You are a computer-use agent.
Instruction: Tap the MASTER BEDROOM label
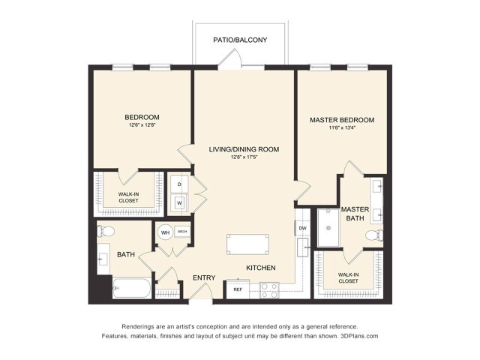pyautogui.click(x=341, y=120)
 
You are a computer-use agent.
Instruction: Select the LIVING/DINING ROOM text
pyautogui.click(x=244, y=149)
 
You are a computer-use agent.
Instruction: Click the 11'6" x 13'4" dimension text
pyautogui.click(x=341, y=129)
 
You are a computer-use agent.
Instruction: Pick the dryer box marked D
pyautogui.click(x=180, y=184)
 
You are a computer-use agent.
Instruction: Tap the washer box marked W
pyautogui.click(x=180, y=202)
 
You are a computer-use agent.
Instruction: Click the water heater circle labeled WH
pyautogui.click(x=165, y=232)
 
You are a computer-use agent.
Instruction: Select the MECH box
pyautogui.click(x=182, y=232)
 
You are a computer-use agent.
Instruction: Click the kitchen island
pyautogui.click(x=247, y=245)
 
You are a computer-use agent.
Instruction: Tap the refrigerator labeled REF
pyautogui.click(x=238, y=289)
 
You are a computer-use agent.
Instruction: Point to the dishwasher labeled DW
pyautogui.click(x=303, y=227)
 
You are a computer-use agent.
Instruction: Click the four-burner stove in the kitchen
pyautogui.click(x=269, y=290)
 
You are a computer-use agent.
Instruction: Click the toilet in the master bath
pyautogui.click(x=373, y=236)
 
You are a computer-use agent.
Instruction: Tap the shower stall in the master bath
pyautogui.click(x=328, y=228)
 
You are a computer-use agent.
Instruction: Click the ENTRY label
pyautogui.click(x=204, y=278)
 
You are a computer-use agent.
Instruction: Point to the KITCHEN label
pyautogui.click(x=261, y=268)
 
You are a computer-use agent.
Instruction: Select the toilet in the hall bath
pyautogui.click(x=105, y=232)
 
